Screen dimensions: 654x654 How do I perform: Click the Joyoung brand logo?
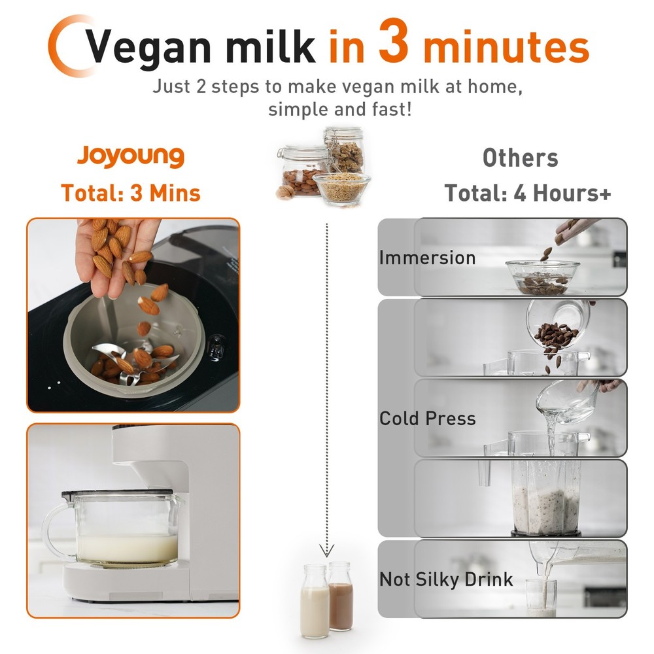[131, 157]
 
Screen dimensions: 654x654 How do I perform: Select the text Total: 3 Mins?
[131, 193]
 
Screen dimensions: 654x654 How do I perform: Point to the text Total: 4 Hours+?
[528, 193]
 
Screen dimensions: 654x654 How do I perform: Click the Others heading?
[520, 158]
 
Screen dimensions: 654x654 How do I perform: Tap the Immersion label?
[427, 257]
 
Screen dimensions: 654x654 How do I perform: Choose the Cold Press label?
[427, 419]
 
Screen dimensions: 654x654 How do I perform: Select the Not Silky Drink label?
[446, 579]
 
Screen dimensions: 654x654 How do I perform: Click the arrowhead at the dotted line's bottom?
[326, 550]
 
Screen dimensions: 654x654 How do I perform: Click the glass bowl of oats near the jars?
[341, 188]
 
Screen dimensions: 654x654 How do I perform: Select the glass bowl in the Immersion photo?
[542, 277]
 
